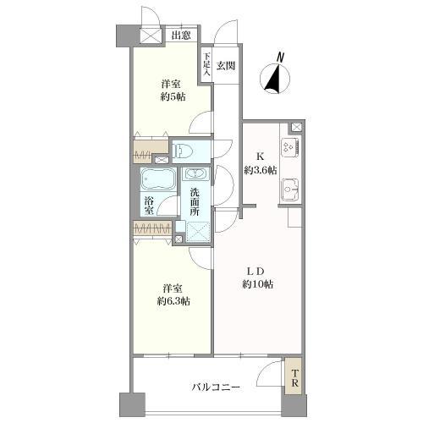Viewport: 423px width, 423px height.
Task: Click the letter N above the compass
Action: click(x=280, y=58)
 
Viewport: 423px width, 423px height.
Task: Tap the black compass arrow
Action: click(x=273, y=80)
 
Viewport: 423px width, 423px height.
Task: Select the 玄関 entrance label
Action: click(x=226, y=66)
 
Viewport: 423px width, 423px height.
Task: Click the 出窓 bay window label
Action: click(x=181, y=36)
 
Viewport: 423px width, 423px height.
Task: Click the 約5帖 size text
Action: click(x=173, y=97)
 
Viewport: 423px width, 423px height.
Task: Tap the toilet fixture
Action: click(x=184, y=151)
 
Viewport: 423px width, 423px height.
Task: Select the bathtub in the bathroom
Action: click(x=158, y=179)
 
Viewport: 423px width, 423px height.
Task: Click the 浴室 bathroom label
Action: click(x=149, y=206)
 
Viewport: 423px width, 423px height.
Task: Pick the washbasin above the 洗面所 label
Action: click(x=195, y=173)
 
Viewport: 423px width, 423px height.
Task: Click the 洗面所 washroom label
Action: click(x=195, y=202)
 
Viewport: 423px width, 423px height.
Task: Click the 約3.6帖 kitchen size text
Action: click(x=260, y=170)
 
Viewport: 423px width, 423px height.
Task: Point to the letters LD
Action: click(x=255, y=272)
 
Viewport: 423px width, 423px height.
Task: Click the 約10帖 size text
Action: click(x=258, y=284)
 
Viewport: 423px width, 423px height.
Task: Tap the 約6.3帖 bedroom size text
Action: click(x=173, y=302)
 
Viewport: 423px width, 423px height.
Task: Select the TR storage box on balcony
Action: click(x=294, y=376)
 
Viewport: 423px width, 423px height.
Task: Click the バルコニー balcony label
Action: click(x=216, y=387)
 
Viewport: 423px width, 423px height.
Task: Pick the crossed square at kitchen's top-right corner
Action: click(x=296, y=127)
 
